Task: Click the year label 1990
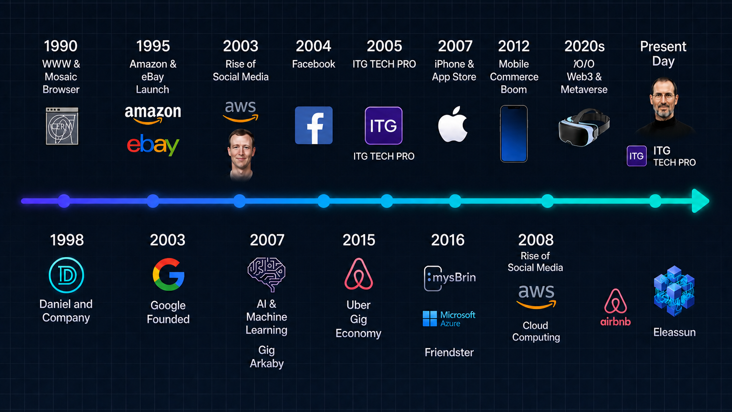point(61,46)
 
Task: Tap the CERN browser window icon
point(62,126)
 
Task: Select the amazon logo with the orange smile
point(153,115)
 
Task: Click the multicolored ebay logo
point(153,145)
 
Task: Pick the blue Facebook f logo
point(314,125)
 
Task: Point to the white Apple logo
point(453,124)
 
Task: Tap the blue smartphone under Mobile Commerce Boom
point(514,134)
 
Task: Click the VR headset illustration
point(584,127)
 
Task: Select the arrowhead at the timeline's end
point(701,201)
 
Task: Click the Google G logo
point(169,274)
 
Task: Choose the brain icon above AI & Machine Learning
point(267,274)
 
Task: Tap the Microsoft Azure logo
point(449,319)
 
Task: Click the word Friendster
point(449,352)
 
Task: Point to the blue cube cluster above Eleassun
point(674,291)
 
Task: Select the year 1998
point(67,240)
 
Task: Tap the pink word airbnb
point(615,322)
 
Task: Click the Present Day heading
point(663,53)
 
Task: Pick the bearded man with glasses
point(664,106)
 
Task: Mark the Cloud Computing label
point(536,331)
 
